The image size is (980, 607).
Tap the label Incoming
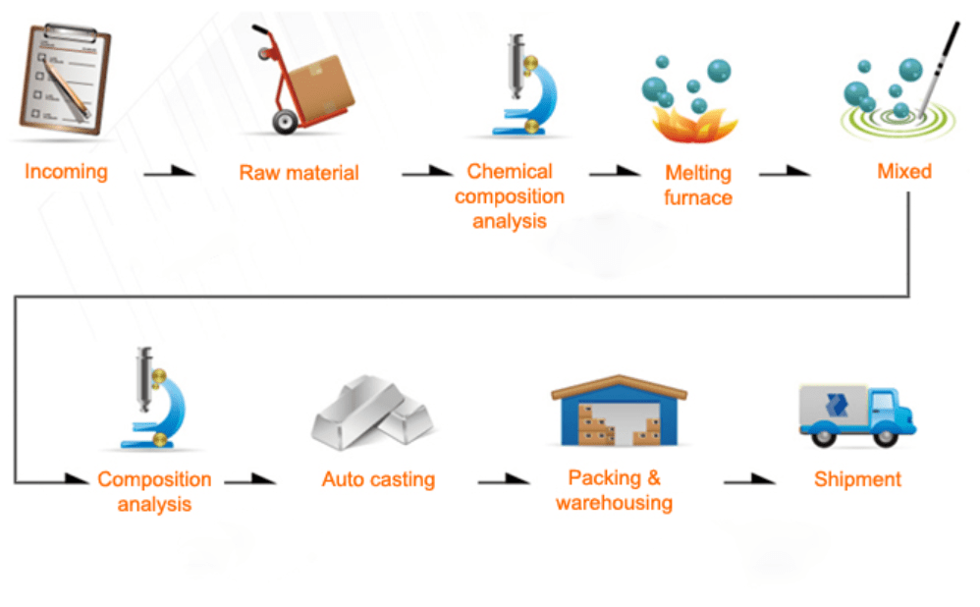tap(66, 172)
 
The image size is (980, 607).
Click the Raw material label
tap(299, 173)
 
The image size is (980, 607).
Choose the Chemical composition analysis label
tap(509, 196)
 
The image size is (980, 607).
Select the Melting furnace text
tap(698, 185)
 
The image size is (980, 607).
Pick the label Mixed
tap(903, 172)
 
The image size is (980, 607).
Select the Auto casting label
tap(378, 480)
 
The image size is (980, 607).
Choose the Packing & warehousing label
tap(614, 491)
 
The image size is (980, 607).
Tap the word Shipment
tap(857, 480)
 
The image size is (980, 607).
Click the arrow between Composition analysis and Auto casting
tap(249, 480)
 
